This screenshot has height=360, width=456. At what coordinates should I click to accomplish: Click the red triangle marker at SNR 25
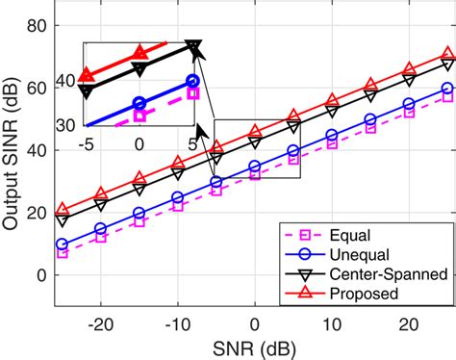(x=447, y=56)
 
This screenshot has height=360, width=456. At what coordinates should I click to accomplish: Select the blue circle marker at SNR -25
(x=63, y=244)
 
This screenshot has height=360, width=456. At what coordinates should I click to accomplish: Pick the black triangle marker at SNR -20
(x=101, y=205)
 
